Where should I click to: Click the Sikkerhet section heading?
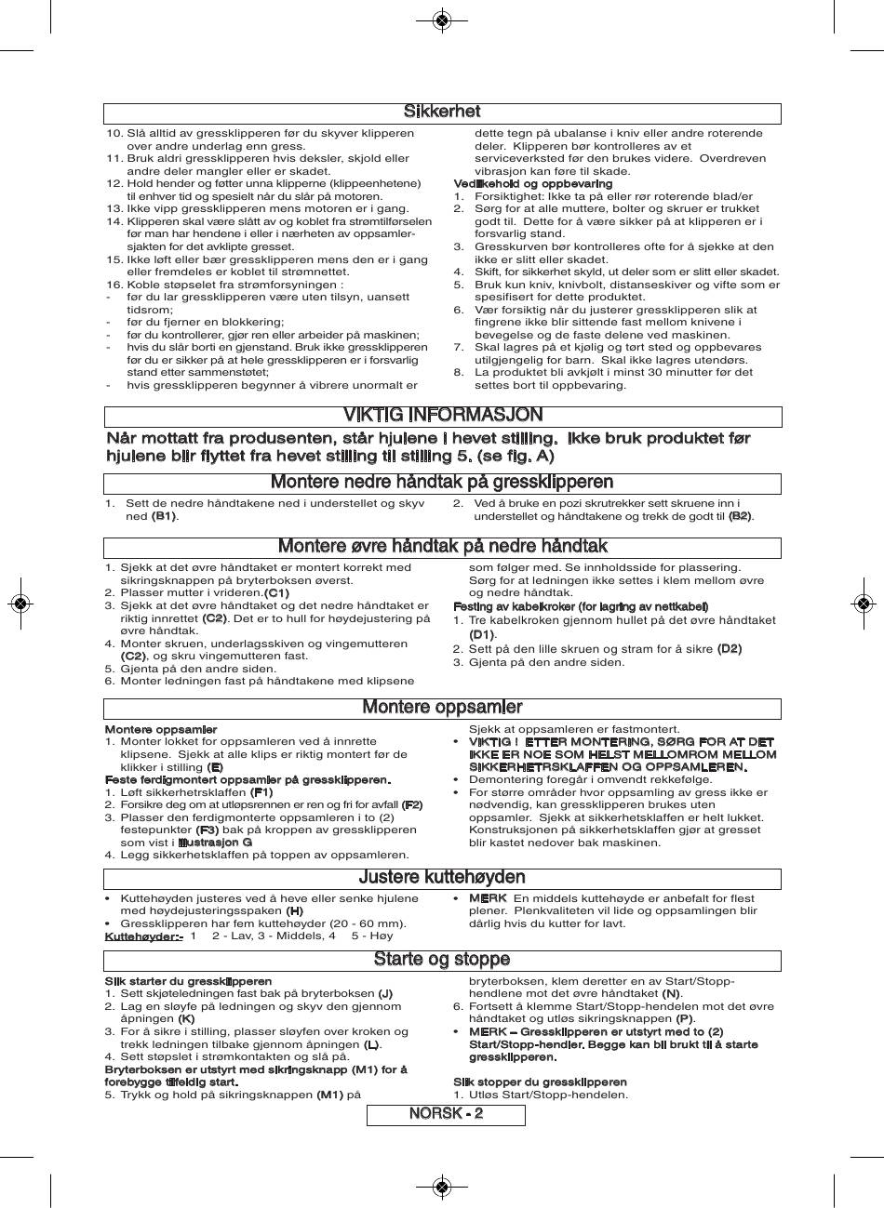[442, 113]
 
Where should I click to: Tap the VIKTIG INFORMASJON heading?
[443, 415]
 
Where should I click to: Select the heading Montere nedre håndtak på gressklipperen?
[442, 482]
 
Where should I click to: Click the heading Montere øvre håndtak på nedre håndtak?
[442, 546]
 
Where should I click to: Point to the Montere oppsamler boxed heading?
[442, 708]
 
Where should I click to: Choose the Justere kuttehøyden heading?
[442, 877]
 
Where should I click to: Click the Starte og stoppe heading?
[442, 959]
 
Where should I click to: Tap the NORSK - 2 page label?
[446, 1114]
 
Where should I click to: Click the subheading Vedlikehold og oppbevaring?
[519, 184]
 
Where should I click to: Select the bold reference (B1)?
[164, 516]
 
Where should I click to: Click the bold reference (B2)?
[740, 516]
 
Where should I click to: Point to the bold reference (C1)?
[276, 593]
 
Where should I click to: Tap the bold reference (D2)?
[729, 649]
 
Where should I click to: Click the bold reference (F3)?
[207, 830]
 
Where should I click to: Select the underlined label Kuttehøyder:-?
[143, 936]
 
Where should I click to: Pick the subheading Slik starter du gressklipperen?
[188, 981]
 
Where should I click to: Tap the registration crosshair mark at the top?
[442, 20]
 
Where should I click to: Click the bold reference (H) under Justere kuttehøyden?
[294, 911]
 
